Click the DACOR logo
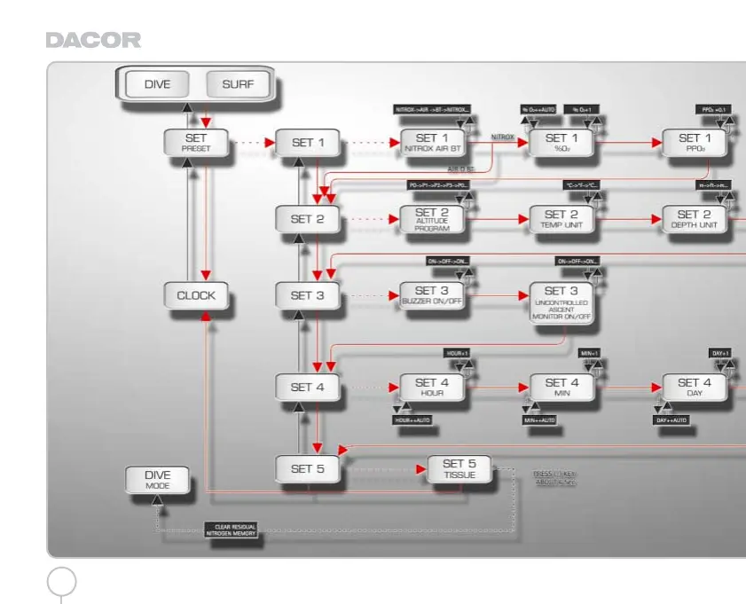point(92,41)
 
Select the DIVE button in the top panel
point(157,85)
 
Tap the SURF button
point(238,85)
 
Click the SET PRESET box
point(195,142)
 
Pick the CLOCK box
point(195,295)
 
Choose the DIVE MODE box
point(157,479)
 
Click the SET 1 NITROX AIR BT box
point(432,142)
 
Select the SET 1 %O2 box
point(561,142)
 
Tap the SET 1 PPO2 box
point(695,142)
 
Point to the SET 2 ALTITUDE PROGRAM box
point(432,218)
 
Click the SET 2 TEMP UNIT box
point(561,218)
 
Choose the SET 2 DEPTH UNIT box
point(695,218)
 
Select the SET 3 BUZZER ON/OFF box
point(432,295)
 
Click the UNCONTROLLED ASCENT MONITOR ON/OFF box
point(561,302)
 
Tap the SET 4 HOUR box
point(432,388)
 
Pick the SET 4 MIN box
point(561,388)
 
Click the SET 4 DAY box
point(695,388)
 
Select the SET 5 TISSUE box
point(459,468)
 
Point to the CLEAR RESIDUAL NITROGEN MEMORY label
point(233,530)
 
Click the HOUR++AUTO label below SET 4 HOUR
point(412,420)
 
